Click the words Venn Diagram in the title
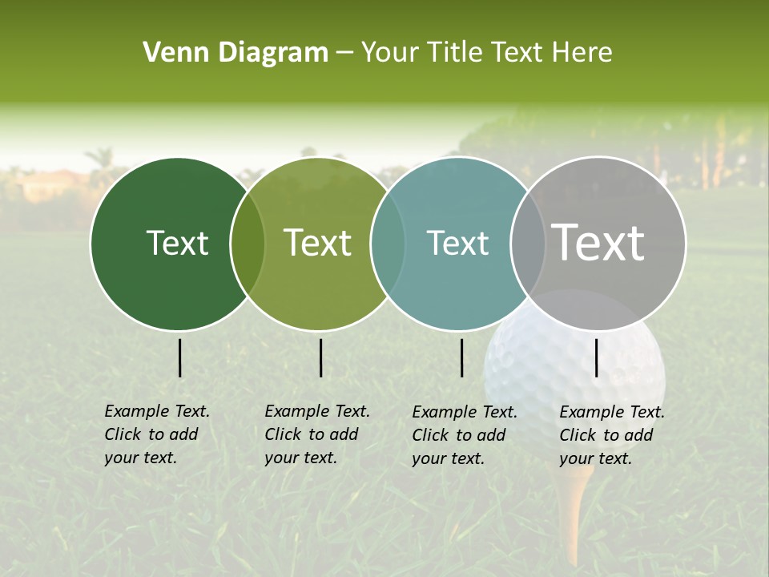[236, 53]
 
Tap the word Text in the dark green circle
[177, 243]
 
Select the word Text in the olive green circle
[318, 243]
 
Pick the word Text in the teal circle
[457, 243]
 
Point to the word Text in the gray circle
[598, 243]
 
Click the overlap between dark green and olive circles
[248, 243]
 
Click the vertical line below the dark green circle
[180, 357]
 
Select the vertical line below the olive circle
[320, 357]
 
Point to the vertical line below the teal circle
[462, 357]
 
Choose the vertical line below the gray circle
[597, 357]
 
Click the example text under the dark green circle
[156, 434]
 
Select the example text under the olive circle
[316, 434]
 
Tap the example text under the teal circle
[464, 435]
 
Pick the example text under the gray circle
[611, 435]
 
